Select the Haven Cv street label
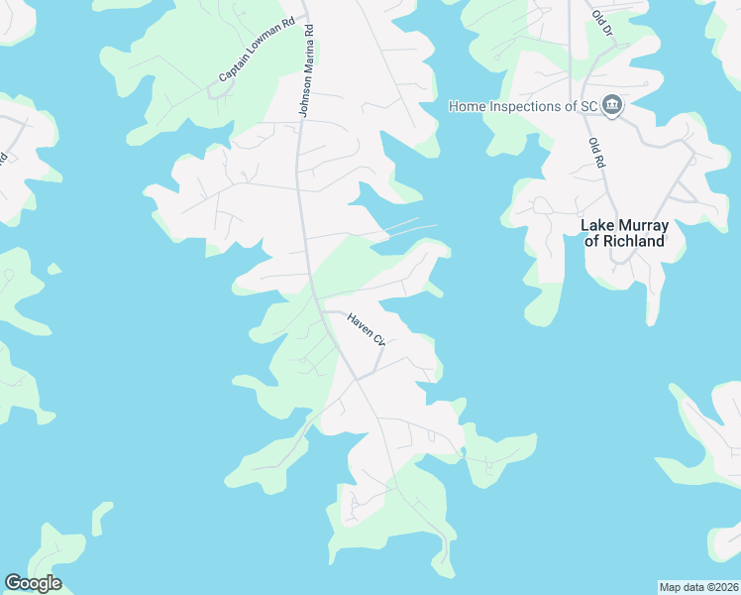tap(366, 328)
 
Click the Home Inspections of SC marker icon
tap(612, 106)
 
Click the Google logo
tap(33, 583)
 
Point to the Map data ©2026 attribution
tap(698, 587)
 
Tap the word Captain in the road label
tap(233, 67)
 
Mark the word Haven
tap(360, 323)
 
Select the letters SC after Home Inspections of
tap(588, 106)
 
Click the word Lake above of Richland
tap(596, 226)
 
